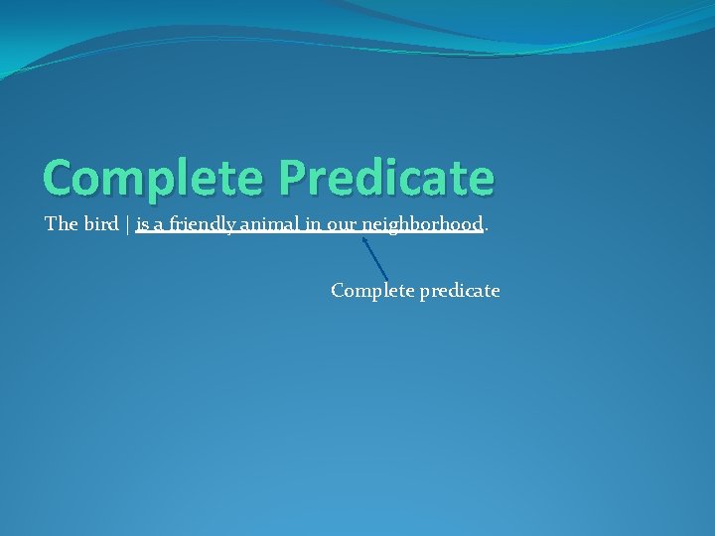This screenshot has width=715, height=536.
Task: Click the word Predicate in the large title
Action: click(x=386, y=178)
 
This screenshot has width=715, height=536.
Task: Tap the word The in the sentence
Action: click(x=61, y=224)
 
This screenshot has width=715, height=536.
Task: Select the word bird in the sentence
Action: click(x=101, y=224)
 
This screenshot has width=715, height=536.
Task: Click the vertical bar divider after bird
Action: click(x=128, y=225)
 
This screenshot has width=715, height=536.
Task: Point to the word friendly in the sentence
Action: click(x=203, y=224)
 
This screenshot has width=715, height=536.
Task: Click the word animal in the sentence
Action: click(x=269, y=224)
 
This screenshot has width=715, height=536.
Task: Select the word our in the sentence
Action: click(x=342, y=225)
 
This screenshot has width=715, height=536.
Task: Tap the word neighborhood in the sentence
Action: click(x=422, y=224)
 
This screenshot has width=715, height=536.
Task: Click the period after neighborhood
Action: click(x=487, y=229)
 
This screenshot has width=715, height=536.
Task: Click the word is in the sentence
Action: click(x=143, y=224)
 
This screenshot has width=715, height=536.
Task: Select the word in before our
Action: click(x=313, y=224)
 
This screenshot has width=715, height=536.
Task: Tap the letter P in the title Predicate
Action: click(x=293, y=178)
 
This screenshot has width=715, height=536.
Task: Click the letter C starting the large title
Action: click(x=59, y=178)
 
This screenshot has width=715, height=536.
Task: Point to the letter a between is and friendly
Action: click(x=159, y=225)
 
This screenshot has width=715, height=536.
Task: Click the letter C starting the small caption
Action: click(x=338, y=291)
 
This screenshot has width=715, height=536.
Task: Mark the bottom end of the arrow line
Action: click(x=387, y=279)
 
